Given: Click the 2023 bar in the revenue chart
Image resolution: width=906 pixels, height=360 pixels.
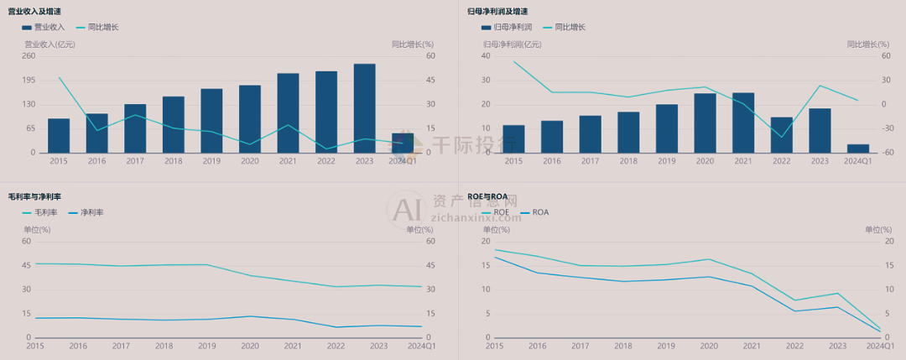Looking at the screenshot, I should coord(364,108).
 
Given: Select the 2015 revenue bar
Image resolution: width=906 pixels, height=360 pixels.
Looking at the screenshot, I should coord(59,135).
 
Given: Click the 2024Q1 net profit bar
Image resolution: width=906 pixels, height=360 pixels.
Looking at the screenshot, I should coord(858,149).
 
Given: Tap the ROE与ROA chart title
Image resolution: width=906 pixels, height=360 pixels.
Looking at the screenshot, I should coord(487,196).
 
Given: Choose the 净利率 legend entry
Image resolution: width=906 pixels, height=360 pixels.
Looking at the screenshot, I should coord(86,212).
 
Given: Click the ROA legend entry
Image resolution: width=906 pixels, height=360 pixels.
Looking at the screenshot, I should coord(540,212).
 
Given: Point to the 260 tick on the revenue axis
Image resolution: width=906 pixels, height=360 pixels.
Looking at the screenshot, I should coord(29,56).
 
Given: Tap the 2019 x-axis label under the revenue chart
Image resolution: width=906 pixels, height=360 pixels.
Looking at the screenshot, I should coord(211,160).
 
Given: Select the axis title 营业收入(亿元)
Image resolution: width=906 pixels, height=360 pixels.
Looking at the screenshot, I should coord(49,44).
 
